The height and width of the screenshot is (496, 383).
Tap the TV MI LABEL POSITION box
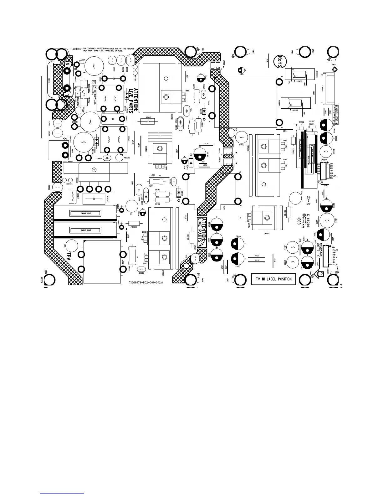tap(273, 279)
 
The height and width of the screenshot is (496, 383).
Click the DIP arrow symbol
tap(319, 274)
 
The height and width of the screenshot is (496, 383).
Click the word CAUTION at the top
tap(76, 49)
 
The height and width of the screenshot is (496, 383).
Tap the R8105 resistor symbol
tap(148, 121)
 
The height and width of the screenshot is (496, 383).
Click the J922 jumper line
tap(257, 257)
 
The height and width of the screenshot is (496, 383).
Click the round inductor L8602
tap(241, 137)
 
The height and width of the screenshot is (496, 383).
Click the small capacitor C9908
tap(107, 158)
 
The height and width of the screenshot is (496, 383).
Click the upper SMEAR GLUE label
tap(86, 213)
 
